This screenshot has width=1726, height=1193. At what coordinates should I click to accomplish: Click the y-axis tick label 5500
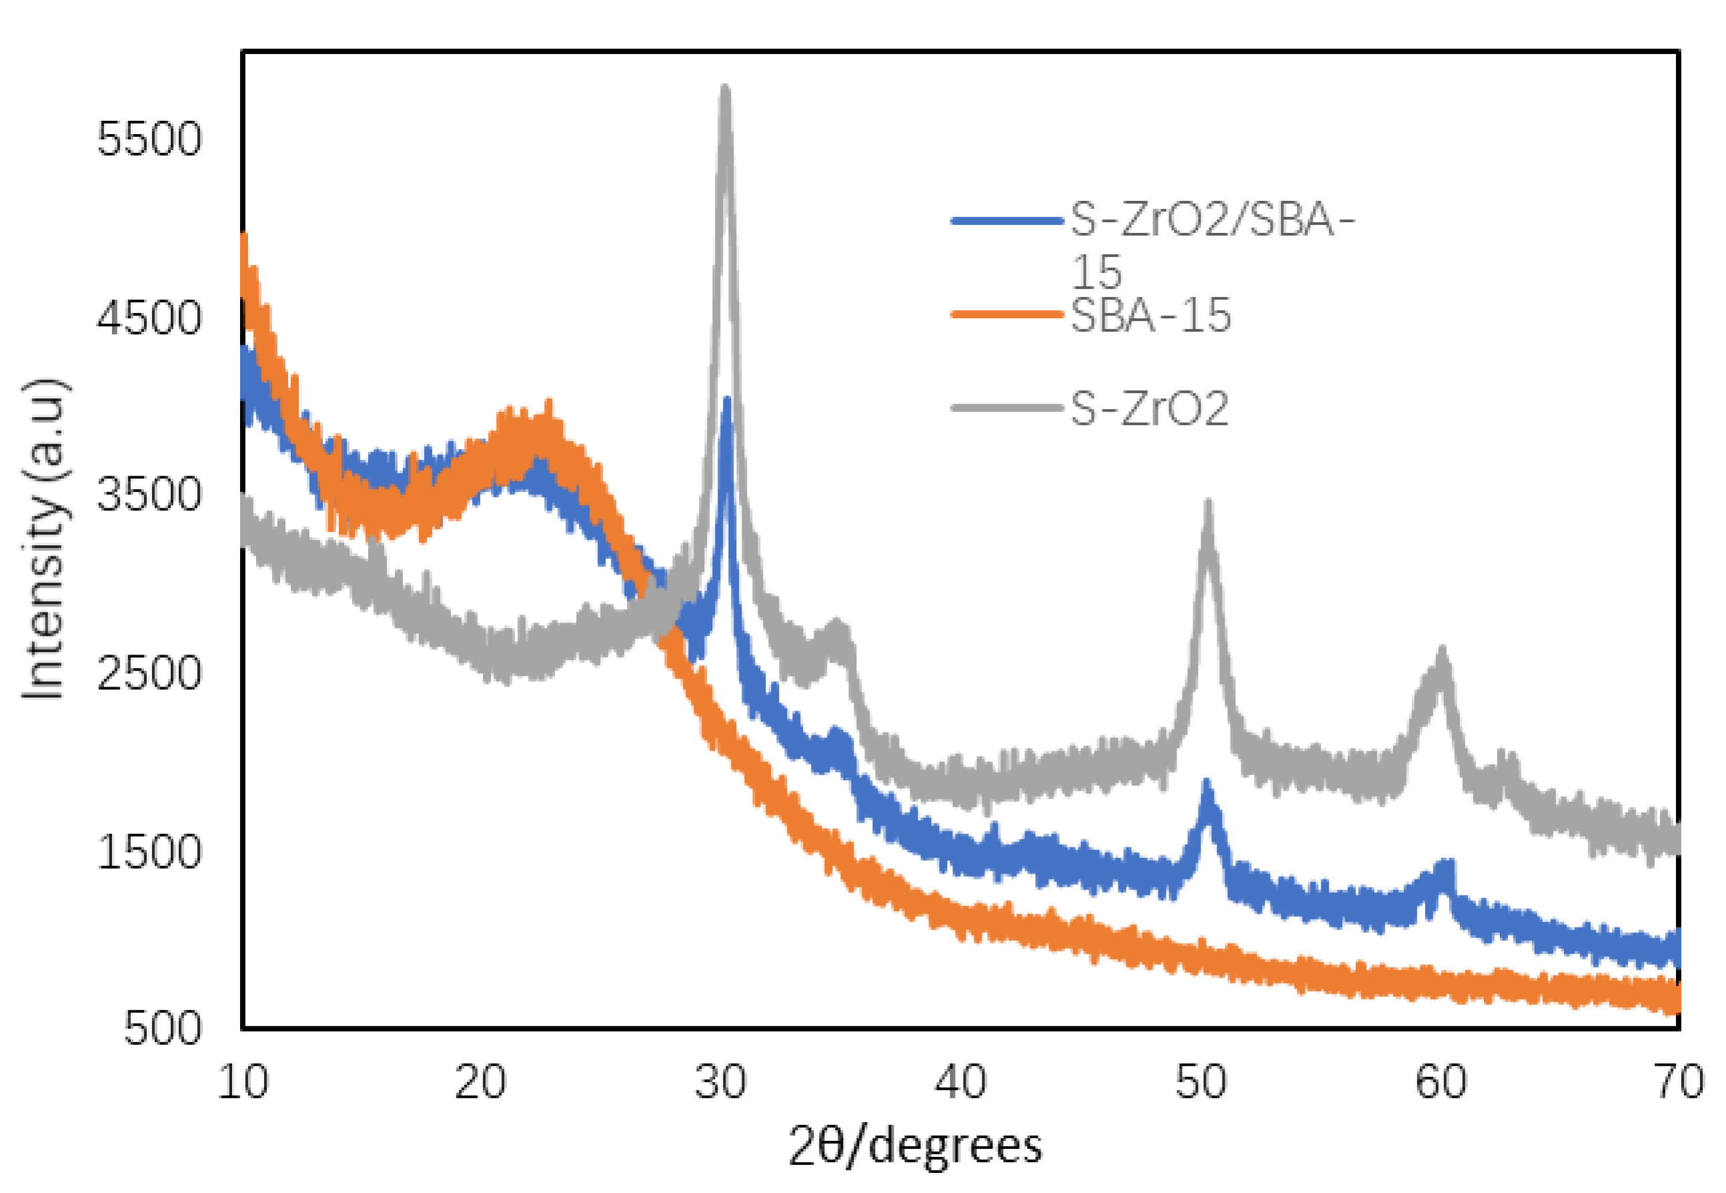pyautogui.click(x=149, y=139)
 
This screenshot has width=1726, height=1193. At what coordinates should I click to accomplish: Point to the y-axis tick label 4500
pyautogui.click(x=149, y=318)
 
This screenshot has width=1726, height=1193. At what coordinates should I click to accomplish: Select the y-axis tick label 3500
pyautogui.click(x=149, y=494)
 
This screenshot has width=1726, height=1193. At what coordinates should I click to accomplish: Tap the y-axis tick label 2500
pyautogui.click(x=149, y=673)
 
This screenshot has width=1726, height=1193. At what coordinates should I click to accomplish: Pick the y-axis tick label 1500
pyautogui.click(x=149, y=851)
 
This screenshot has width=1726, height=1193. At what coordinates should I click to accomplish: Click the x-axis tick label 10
pyautogui.click(x=243, y=1082)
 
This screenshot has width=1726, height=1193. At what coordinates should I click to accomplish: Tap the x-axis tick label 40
pyautogui.click(x=961, y=1082)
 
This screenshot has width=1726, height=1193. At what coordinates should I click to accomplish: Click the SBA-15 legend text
pyautogui.click(x=1150, y=315)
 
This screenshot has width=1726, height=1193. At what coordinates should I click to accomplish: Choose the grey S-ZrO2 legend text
pyautogui.click(x=1149, y=409)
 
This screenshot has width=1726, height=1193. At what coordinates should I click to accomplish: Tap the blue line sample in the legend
pyautogui.click(x=1006, y=220)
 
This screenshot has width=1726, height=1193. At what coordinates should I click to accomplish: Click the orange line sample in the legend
pyautogui.click(x=1006, y=315)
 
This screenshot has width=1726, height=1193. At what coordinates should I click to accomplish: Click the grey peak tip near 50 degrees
pyautogui.click(x=1208, y=502)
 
